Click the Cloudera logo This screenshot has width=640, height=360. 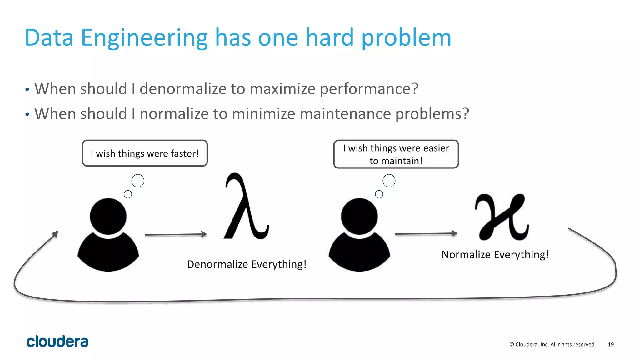pos(57,342)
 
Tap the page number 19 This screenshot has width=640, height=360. pos(611,344)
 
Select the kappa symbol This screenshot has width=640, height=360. pos(501,217)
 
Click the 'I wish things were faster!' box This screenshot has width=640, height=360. pos(145,153)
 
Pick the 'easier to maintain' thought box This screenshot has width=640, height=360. pos(396,154)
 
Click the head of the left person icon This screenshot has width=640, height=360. pos(108,216)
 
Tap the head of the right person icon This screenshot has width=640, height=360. pos(359,216)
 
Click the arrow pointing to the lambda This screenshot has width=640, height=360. pos(176,234)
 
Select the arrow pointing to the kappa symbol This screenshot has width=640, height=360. pos(426,233)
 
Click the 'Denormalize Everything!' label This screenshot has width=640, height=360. pos(247,264)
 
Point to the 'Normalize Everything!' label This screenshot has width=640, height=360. pos(495,255)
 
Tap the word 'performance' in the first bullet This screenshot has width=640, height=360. pos(369,89)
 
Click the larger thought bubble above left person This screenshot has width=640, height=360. pos(138,181)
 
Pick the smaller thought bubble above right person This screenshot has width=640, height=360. pos(379,194)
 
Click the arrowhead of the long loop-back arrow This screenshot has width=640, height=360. pos(55,234)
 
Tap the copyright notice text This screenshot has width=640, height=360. pos(552,344)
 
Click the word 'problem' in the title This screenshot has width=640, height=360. pos(406,38)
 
